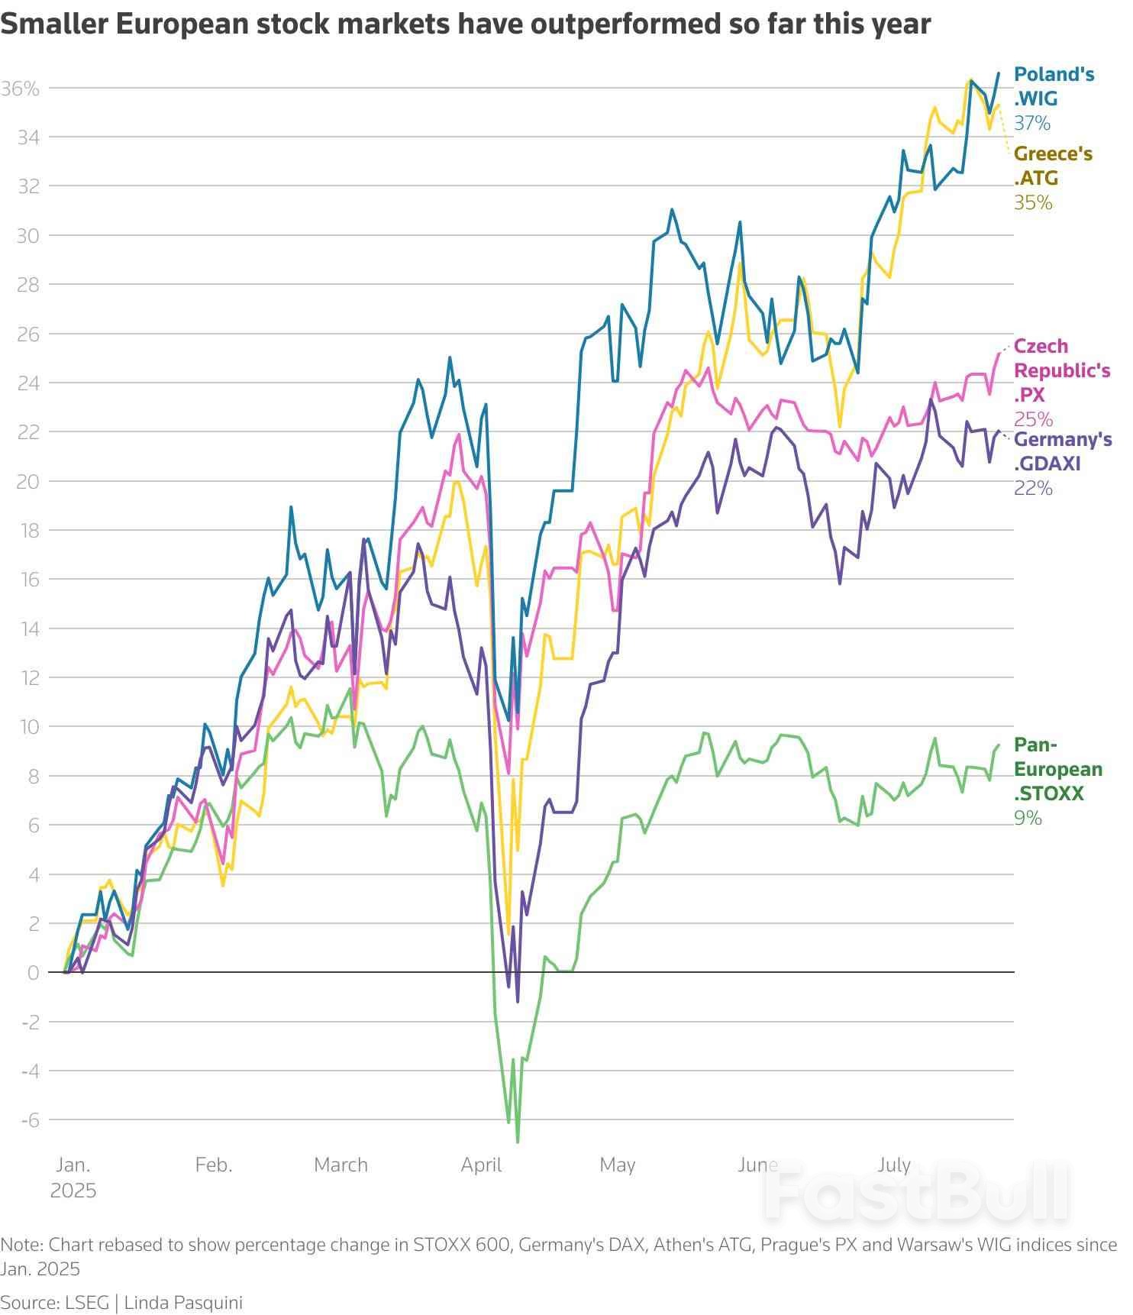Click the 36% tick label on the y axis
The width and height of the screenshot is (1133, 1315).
(x=20, y=89)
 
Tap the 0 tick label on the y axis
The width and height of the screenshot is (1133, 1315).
(x=33, y=972)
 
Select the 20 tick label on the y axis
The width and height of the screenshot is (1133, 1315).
(x=27, y=481)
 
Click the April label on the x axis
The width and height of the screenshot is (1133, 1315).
(x=481, y=1165)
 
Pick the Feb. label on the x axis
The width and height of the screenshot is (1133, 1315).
(x=214, y=1165)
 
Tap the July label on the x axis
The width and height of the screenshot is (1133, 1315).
(x=893, y=1165)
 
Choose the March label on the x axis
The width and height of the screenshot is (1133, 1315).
(x=341, y=1165)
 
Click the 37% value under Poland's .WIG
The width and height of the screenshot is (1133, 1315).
(x=1032, y=123)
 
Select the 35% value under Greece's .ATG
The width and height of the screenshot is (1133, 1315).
(x=1033, y=202)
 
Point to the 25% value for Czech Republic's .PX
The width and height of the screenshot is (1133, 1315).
(x=1033, y=419)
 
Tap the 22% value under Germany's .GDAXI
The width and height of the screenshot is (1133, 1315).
(x=1033, y=487)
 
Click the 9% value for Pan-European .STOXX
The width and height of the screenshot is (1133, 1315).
(x=1028, y=818)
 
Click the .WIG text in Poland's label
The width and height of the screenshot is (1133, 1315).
(x=1035, y=99)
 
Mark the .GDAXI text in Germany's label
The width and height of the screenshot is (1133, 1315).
(x=1047, y=464)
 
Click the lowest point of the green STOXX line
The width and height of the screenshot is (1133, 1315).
(x=518, y=1142)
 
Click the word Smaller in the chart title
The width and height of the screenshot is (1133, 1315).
(x=53, y=24)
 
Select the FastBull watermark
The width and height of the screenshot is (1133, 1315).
(x=916, y=1191)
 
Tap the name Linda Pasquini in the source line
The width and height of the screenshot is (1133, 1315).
(x=183, y=1302)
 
